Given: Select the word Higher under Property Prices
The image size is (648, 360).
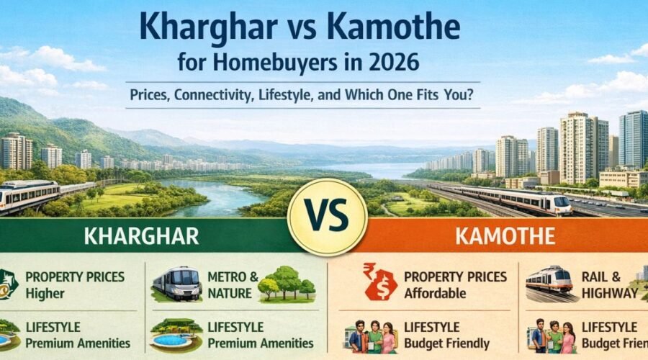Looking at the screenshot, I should point(45,293).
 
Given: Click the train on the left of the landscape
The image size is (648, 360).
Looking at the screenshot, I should point(32,195).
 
